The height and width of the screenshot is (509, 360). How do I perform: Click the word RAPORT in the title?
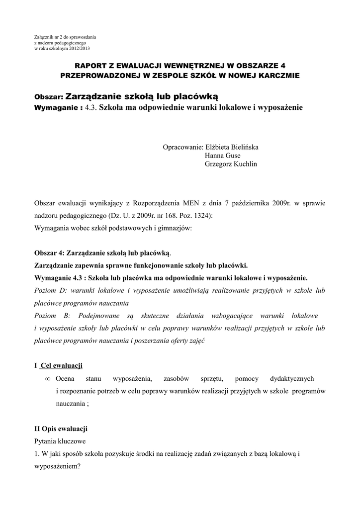[90, 66]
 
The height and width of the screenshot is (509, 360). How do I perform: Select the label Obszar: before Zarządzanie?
[49, 96]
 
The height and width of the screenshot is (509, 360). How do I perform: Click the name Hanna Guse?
[222, 156]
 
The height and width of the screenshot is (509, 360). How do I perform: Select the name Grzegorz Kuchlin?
[232, 165]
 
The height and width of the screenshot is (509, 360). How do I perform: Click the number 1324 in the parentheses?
[201, 216]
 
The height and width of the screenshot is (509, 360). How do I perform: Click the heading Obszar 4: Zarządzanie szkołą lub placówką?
[102, 253]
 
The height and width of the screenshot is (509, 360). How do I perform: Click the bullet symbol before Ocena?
[48, 379]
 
